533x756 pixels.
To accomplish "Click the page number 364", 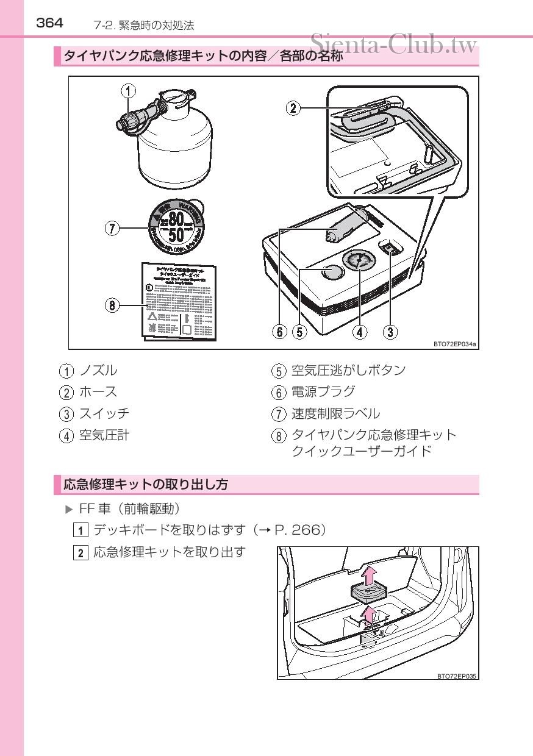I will (50, 23).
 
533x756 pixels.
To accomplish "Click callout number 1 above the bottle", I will (128, 91).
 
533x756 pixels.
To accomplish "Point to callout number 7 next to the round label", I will (112, 229).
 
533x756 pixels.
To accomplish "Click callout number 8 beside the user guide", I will (112, 305).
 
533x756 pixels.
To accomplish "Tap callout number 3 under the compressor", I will (390, 332).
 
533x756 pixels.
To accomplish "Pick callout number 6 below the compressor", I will (279, 332).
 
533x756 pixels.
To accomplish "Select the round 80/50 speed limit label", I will (177, 228).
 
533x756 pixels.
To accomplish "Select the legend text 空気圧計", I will (104, 435).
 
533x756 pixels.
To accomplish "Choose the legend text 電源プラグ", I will (323, 391).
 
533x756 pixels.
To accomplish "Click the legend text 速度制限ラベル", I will (335, 413).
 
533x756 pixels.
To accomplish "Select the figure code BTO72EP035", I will (456, 676).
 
